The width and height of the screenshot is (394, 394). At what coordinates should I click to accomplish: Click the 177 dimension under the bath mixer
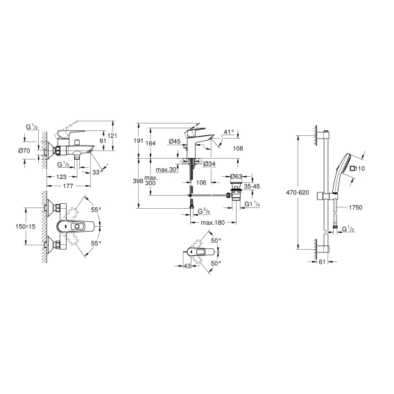[68, 186]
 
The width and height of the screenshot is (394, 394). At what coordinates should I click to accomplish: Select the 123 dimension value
[61, 177]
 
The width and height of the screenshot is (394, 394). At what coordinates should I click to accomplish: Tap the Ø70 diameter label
[24, 151]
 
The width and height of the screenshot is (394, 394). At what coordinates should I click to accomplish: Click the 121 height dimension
[112, 136]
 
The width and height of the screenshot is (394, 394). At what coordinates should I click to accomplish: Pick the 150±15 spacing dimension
[26, 226]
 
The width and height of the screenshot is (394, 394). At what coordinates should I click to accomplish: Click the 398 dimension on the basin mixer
[138, 180]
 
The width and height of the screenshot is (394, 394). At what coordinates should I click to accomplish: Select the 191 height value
[138, 141]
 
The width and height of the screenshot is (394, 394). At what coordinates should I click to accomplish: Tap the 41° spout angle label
[229, 131]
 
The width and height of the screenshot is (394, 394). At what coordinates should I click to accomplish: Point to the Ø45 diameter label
[175, 142]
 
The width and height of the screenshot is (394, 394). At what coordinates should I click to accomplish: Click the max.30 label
[166, 170]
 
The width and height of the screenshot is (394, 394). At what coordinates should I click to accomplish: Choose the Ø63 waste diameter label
[236, 176]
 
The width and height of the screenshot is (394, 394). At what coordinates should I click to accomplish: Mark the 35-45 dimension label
[252, 187]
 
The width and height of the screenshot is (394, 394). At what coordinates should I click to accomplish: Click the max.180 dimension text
[213, 223]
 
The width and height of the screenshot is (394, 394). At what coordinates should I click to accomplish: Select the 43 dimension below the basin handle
[187, 266]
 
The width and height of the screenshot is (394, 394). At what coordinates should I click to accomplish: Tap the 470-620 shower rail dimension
[298, 193]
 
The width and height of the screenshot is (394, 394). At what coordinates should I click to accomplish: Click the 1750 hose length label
[356, 207]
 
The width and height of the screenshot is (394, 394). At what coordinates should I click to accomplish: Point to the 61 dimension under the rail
[322, 262]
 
